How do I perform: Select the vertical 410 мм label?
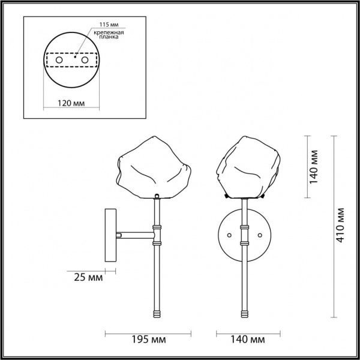[340, 225]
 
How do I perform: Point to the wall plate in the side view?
[111, 235]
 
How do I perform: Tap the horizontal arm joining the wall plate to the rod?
[135, 235]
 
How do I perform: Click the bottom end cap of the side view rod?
[157, 314]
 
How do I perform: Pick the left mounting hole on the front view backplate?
[228, 235]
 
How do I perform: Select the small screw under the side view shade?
[157, 196]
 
